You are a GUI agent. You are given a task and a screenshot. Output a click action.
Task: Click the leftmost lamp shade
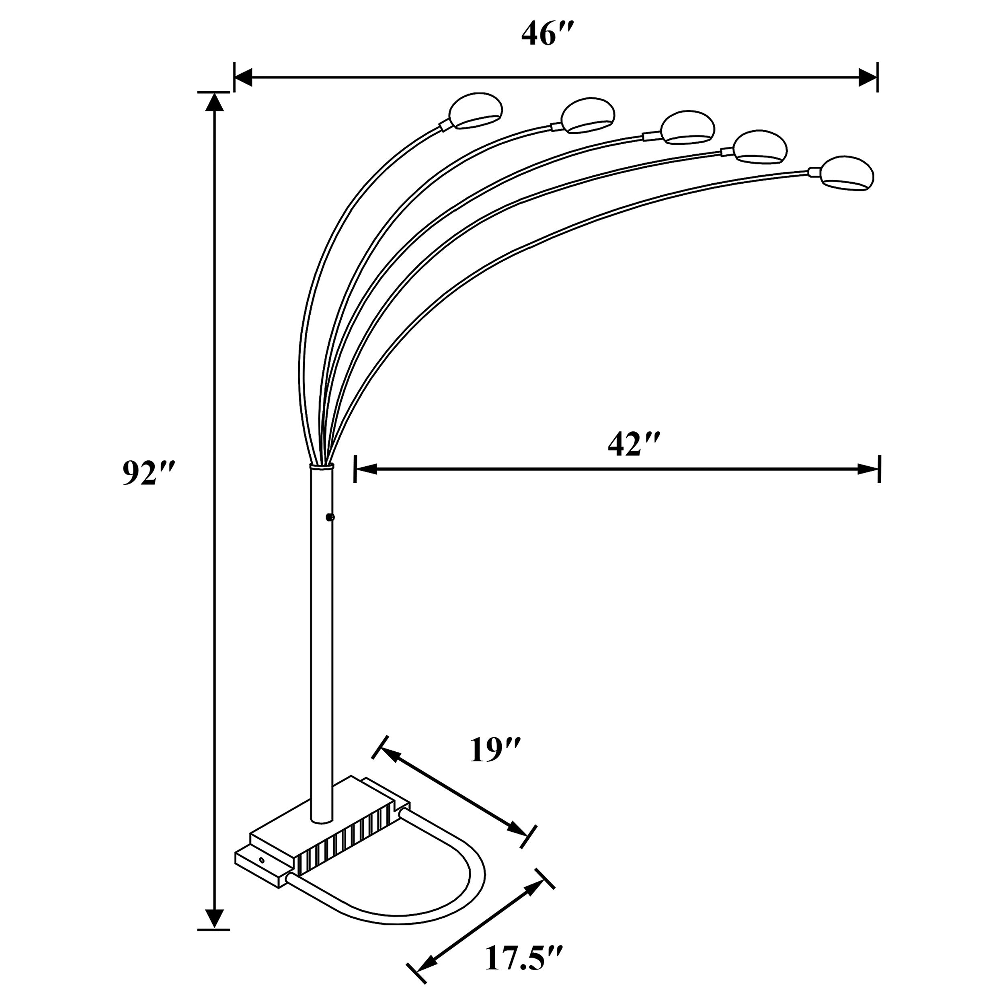pyautogui.click(x=476, y=110)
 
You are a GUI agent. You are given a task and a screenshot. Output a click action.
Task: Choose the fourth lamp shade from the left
pyautogui.click(x=761, y=147)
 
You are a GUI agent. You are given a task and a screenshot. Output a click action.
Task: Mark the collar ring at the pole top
pyautogui.click(x=322, y=467)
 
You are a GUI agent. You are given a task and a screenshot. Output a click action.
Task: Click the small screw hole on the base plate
pyautogui.click(x=262, y=861)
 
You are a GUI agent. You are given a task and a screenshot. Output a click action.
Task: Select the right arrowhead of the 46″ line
pyautogui.click(x=867, y=78)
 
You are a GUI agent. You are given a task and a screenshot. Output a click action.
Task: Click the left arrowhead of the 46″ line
pyautogui.click(x=244, y=78)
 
